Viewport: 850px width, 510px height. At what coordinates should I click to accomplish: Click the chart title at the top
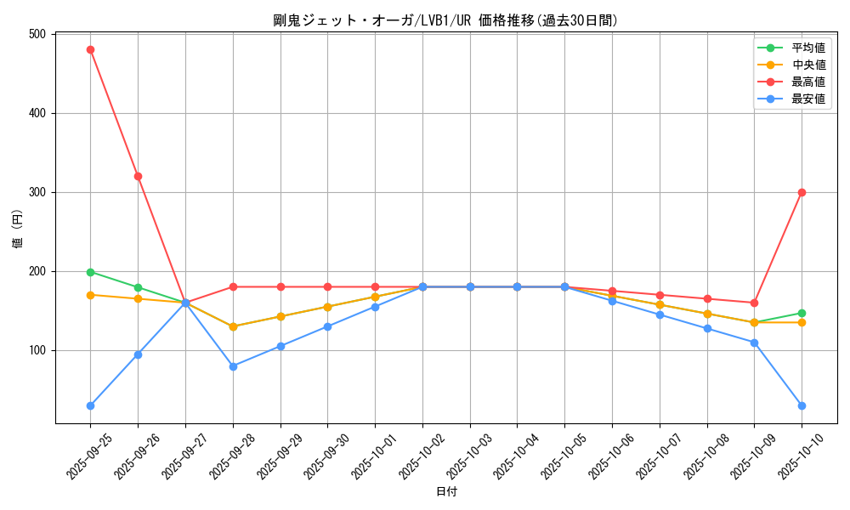pyautogui.click(x=445, y=20)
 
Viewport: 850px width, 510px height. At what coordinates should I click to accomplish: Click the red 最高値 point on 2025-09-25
pyautogui.click(x=90, y=49)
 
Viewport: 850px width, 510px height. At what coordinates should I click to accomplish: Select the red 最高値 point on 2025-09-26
pyautogui.click(x=138, y=176)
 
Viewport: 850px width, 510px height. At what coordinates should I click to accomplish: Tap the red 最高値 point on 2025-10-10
pyautogui.click(x=802, y=192)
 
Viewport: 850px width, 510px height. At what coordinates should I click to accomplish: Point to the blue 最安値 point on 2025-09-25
pyautogui.click(x=90, y=405)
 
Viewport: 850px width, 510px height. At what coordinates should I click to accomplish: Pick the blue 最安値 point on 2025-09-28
pyautogui.click(x=233, y=366)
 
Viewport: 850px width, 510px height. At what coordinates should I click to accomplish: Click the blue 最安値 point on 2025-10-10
pyautogui.click(x=802, y=405)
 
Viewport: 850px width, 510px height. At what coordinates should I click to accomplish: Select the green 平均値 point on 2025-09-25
pyautogui.click(x=90, y=272)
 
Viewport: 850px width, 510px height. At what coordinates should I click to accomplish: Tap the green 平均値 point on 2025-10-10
pyautogui.click(x=802, y=313)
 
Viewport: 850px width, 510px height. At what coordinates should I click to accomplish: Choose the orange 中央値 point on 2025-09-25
pyautogui.click(x=90, y=295)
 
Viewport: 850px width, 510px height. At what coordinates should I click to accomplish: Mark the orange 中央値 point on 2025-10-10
pyautogui.click(x=802, y=322)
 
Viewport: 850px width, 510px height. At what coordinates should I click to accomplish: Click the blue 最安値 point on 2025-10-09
pyautogui.click(x=754, y=343)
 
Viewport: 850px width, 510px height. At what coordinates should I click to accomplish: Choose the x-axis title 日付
pyautogui.click(x=445, y=492)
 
